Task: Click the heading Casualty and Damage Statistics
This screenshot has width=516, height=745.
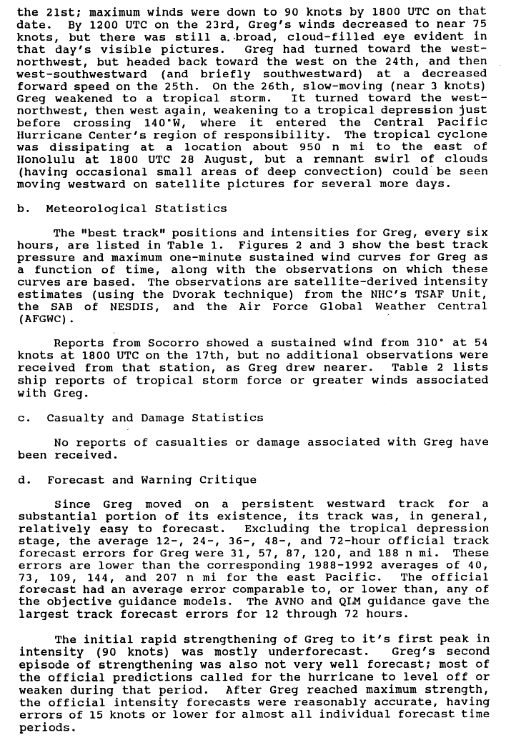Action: click(155, 418)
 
